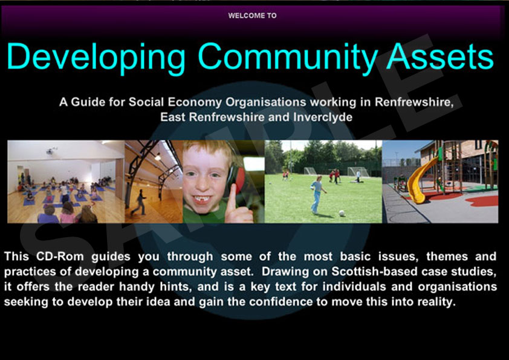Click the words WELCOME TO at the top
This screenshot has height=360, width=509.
(x=252, y=16)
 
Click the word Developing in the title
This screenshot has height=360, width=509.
(x=96, y=57)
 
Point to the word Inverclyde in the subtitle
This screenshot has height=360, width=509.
(x=323, y=117)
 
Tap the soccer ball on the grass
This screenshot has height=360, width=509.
(x=342, y=213)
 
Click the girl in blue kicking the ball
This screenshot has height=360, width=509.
(x=317, y=194)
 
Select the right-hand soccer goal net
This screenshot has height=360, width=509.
(x=358, y=172)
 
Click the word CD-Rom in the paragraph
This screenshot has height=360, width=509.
(x=60, y=257)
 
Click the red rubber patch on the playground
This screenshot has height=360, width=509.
(x=482, y=201)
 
